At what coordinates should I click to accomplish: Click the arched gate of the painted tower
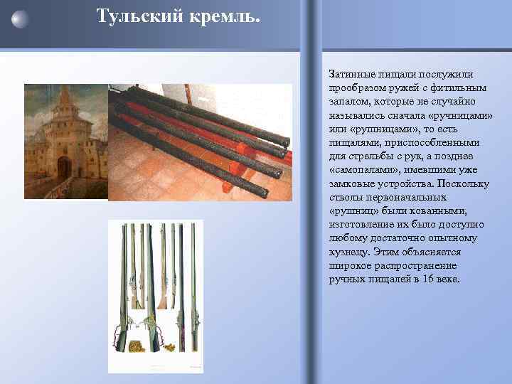click(x=64, y=166)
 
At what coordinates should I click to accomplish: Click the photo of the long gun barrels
click(x=200, y=142)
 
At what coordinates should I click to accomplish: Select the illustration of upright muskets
click(x=155, y=296)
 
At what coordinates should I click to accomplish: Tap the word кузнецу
click(x=348, y=252)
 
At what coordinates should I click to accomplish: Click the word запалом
click(x=348, y=102)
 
